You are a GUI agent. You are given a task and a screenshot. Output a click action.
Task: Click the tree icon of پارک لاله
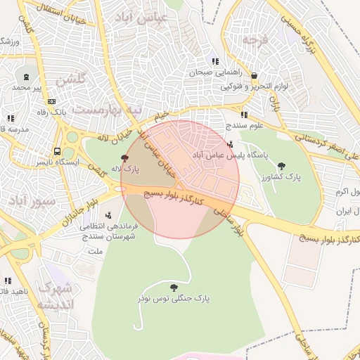point(125,158)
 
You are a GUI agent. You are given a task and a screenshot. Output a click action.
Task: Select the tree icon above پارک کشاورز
point(282,167)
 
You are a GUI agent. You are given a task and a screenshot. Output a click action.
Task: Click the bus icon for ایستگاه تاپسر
point(57,151)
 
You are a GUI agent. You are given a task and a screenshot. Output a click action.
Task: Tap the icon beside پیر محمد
point(27,77)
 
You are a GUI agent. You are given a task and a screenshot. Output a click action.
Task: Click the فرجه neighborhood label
point(254,41)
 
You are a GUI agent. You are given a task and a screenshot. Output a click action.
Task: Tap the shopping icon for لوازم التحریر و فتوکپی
point(254,76)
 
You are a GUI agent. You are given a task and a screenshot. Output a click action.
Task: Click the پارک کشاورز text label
point(282,178)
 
